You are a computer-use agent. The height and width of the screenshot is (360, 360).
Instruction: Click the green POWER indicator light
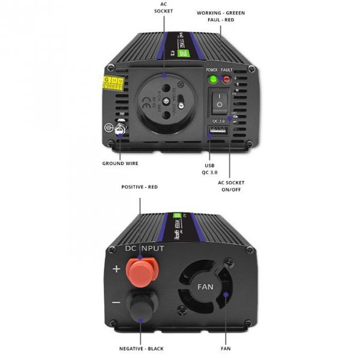click(212, 78)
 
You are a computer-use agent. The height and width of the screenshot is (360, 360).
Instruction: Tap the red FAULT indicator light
click(227, 78)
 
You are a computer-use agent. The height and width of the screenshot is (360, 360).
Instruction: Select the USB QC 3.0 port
click(218, 131)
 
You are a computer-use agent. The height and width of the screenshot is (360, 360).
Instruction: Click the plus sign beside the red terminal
click(116, 268)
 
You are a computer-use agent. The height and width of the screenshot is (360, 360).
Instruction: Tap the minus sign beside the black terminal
click(116, 301)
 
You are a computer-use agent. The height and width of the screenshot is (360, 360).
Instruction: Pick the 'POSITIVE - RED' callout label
click(139, 187)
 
